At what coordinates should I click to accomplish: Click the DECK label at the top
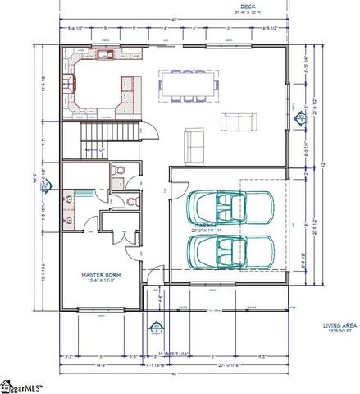[x=172, y=7]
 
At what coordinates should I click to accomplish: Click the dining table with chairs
[x=189, y=83]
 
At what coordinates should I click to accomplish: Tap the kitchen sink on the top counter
[x=104, y=55]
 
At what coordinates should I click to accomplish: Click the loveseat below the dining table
[x=239, y=122]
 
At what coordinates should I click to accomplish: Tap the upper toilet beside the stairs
[x=120, y=171]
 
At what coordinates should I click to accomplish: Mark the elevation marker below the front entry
[x=153, y=330]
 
